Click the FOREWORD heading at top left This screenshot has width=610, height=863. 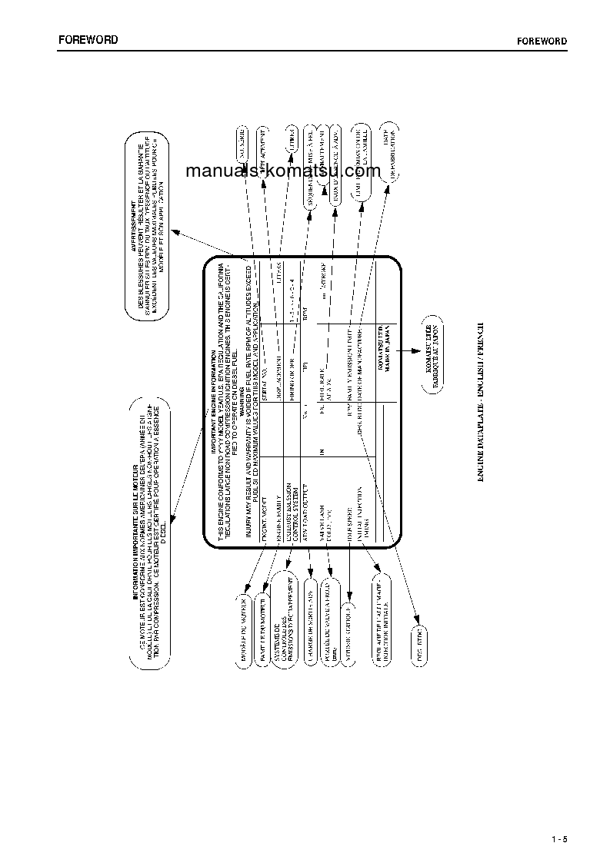tap(88, 40)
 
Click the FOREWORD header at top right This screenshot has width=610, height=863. tap(542, 41)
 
